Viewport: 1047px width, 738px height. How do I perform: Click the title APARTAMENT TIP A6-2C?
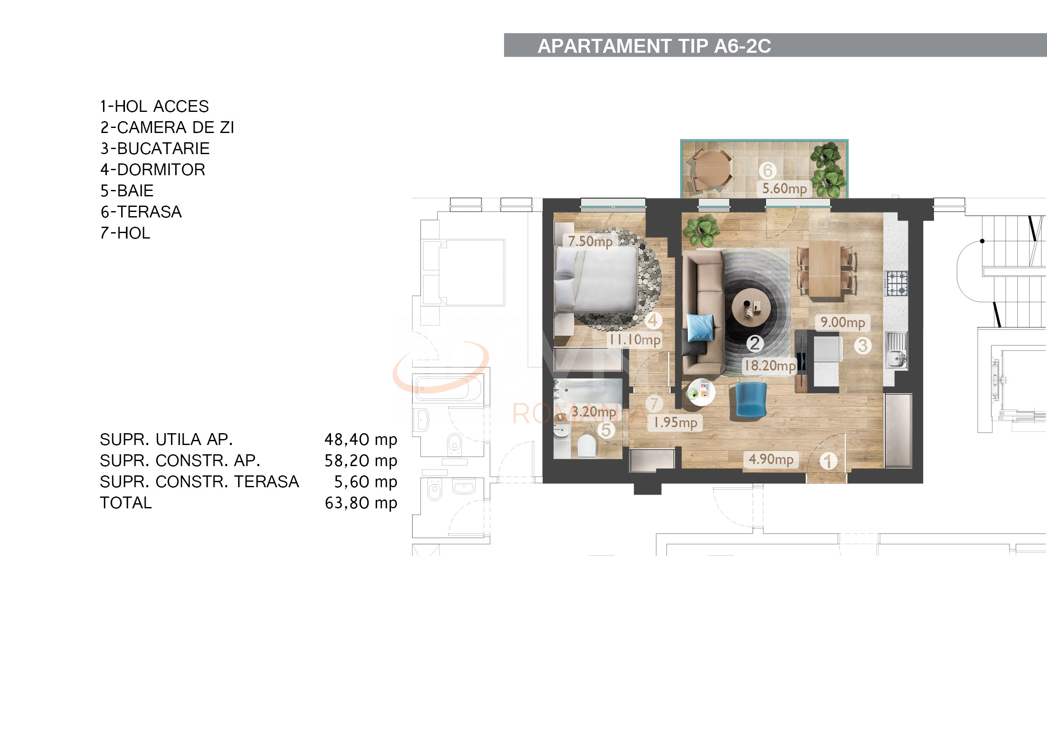point(654,46)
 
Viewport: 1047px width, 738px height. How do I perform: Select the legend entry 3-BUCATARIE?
point(155,149)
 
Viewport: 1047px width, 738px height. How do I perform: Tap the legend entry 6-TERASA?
point(141,212)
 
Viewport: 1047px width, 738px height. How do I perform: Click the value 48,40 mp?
point(361,440)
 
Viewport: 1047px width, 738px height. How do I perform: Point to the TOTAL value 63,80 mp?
point(361,503)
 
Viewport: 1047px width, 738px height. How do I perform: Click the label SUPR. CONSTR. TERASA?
point(199,482)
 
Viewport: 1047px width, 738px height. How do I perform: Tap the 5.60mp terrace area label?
point(784,188)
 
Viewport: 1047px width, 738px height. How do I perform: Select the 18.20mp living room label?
point(770,365)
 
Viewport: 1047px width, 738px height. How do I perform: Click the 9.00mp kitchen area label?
point(842,323)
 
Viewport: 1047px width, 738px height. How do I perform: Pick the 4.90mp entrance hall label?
point(770,459)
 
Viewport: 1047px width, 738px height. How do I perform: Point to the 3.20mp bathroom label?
point(593,412)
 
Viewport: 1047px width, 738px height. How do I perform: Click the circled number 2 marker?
point(755,344)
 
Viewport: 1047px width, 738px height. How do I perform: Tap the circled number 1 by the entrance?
point(828,461)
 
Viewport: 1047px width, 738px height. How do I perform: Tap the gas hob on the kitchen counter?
point(897,283)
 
